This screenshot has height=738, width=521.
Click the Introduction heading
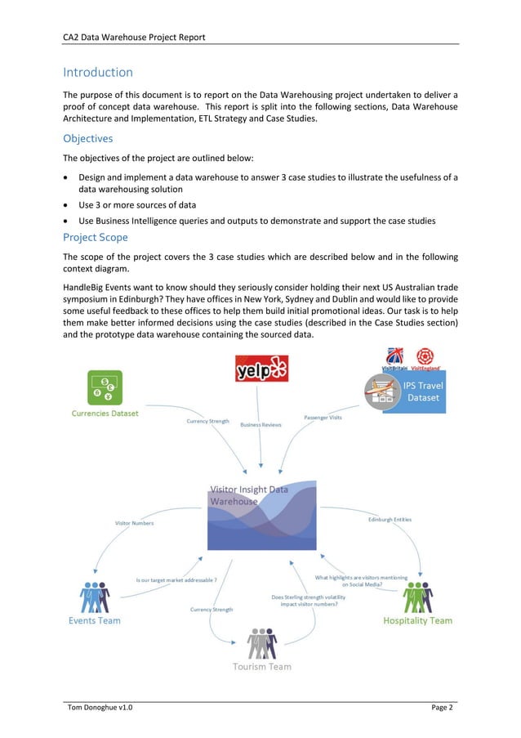(x=98, y=73)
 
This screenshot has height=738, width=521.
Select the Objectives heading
(x=88, y=138)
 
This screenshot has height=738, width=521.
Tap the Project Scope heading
(x=96, y=237)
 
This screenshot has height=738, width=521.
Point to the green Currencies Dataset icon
(x=104, y=387)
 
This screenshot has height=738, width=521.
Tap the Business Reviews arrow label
(x=260, y=425)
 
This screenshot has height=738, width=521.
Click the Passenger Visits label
(x=323, y=418)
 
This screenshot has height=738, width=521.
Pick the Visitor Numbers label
(x=134, y=522)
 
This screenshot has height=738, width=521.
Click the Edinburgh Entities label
(x=390, y=519)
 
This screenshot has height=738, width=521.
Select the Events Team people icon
(x=95, y=597)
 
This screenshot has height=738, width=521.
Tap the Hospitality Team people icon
(x=418, y=597)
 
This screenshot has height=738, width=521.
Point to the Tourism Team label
(x=261, y=666)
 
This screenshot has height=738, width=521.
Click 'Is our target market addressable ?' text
(x=176, y=579)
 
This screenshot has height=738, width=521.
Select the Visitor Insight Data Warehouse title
(x=249, y=495)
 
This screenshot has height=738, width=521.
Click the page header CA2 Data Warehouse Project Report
(x=134, y=37)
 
